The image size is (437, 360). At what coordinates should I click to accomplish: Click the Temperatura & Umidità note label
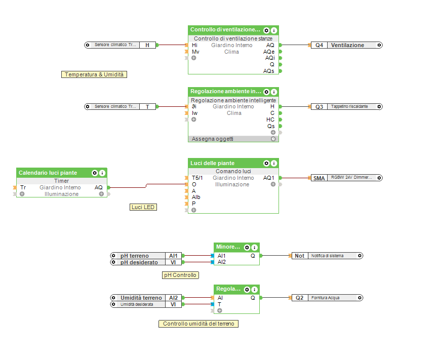pos(94,74)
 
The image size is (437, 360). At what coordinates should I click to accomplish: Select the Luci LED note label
pos(143,207)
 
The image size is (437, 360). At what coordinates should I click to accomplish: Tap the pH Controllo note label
pos(180,275)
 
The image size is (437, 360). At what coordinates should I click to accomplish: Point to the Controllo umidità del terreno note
pos(198,324)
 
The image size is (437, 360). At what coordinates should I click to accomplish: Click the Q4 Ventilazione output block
pos(346,45)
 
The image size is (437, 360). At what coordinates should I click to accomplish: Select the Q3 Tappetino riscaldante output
pos(346,107)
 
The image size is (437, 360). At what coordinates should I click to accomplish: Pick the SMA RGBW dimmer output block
pos(346,178)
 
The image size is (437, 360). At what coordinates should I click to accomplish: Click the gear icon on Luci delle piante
pos(266,164)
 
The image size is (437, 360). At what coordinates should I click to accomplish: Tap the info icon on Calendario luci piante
pos(102,173)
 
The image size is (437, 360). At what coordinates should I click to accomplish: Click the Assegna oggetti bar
pos(233,139)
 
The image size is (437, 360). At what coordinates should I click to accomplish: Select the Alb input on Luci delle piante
pos(196,197)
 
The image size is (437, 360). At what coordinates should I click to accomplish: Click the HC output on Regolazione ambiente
pos(271,119)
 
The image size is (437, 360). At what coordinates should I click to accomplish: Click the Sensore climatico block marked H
pos(122,45)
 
